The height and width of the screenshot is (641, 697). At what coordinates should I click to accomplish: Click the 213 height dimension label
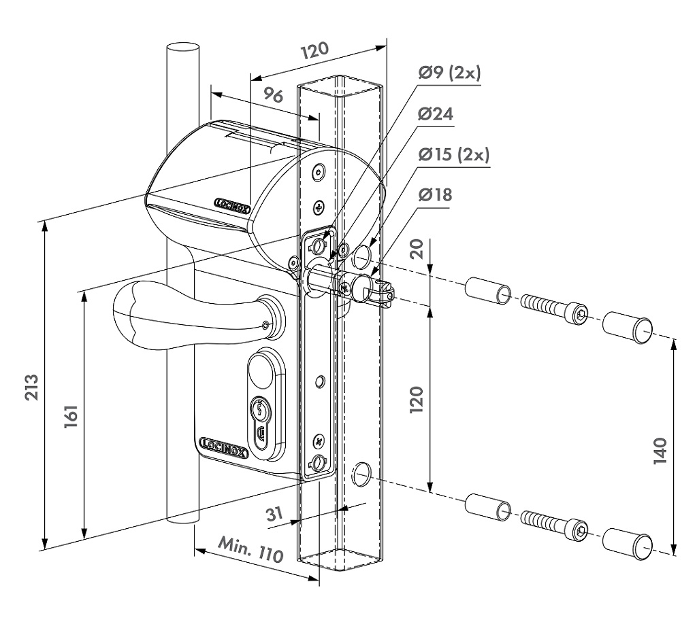pyautogui.click(x=31, y=387)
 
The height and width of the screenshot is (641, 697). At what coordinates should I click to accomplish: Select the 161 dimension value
pyautogui.click(x=71, y=416)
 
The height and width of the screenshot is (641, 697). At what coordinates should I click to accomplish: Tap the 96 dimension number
pyautogui.click(x=273, y=94)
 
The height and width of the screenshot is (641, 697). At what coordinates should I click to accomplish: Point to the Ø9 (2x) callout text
pyautogui.click(x=449, y=73)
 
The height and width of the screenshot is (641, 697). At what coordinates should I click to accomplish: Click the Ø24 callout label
pyautogui.click(x=436, y=114)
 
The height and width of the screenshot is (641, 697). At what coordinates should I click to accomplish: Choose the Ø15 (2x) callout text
pyautogui.click(x=454, y=154)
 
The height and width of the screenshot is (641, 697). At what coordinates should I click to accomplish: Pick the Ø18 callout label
pyautogui.click(x=435, y=194)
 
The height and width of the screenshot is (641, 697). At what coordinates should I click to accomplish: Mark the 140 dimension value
pyautogui.click(x=661, y=451)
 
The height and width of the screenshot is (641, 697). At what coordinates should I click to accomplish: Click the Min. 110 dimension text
pyautogui.click(x=250, y=549)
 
